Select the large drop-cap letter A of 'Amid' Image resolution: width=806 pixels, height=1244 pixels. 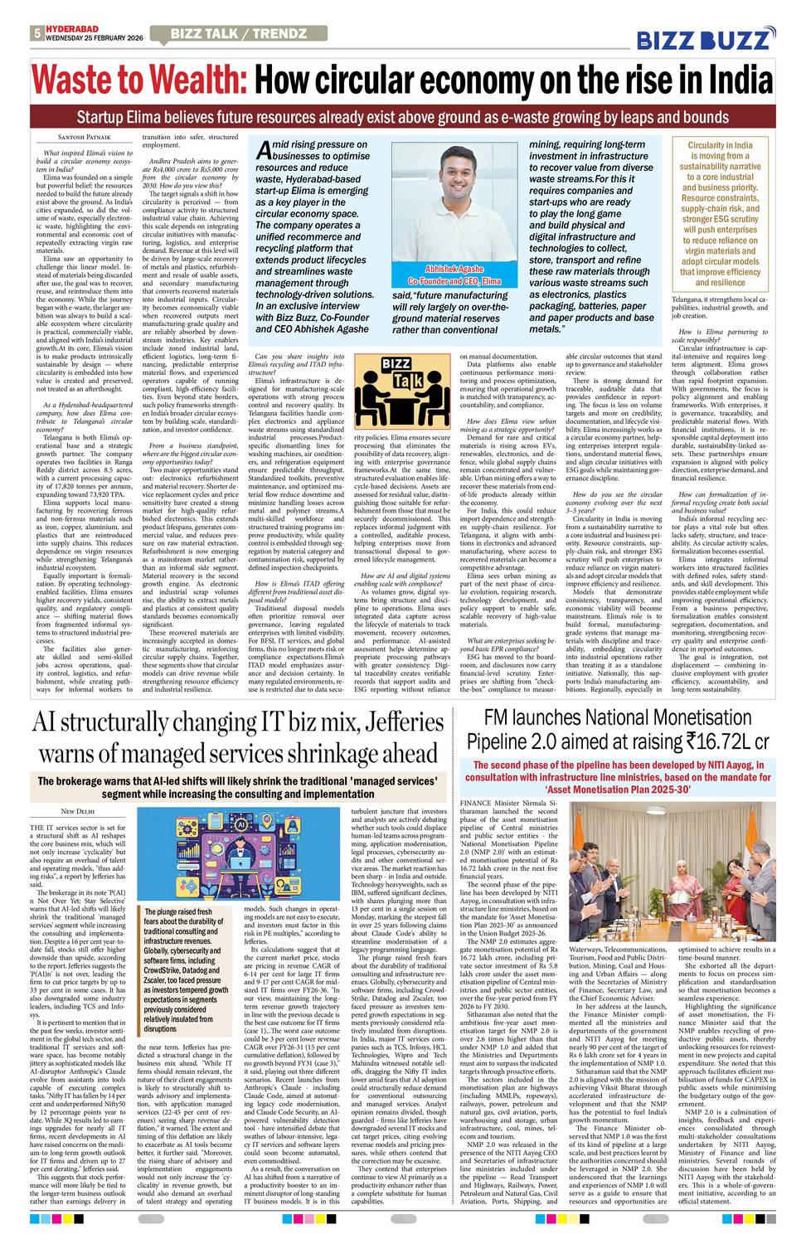point(263,150)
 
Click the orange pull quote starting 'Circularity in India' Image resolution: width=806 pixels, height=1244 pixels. point(720,213)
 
